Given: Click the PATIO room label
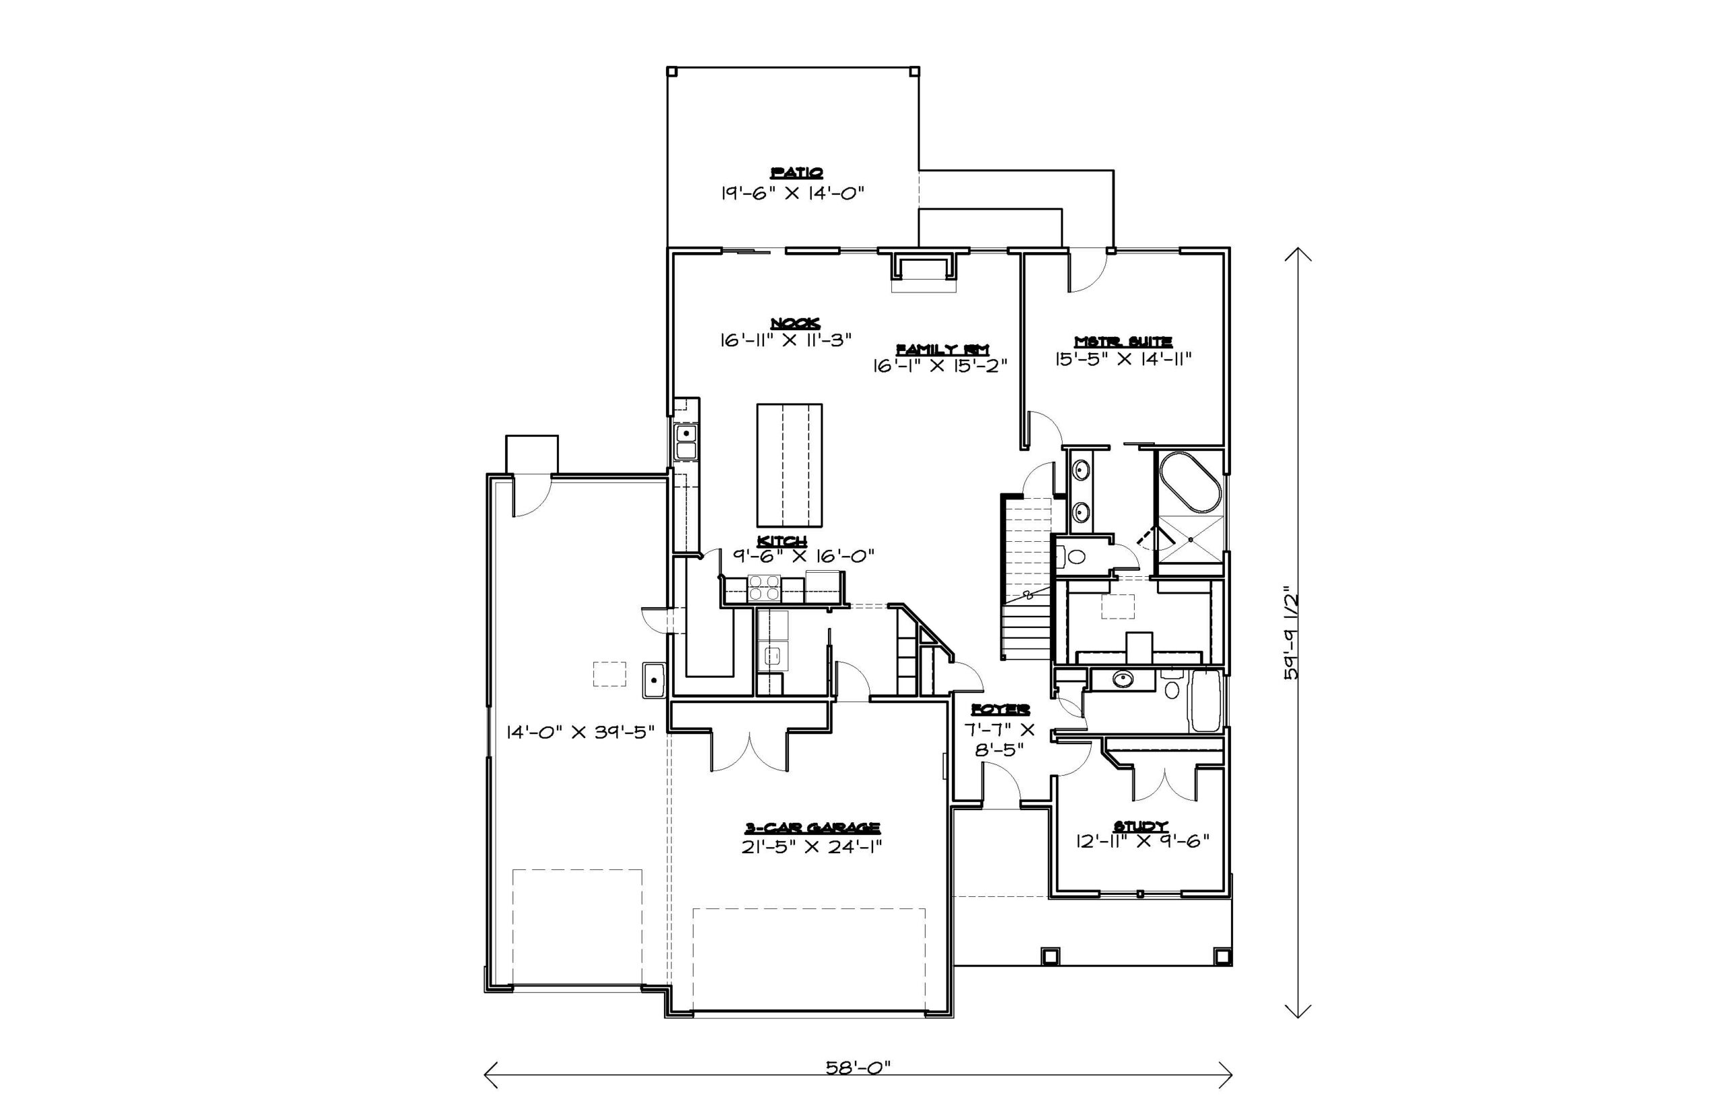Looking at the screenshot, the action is point(796,173).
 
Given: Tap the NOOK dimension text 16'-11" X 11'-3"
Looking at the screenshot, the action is point(785,340).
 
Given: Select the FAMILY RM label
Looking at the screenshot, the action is point(943,349).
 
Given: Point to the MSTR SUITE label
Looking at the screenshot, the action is point(1123,340).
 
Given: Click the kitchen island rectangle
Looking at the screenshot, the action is point(790,465).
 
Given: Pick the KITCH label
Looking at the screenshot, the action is point(782,541).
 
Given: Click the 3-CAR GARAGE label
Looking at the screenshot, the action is point(812,828).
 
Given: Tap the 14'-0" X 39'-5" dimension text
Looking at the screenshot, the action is point(581,732).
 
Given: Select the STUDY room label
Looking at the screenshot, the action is point(1140,826).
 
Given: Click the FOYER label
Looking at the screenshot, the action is point(1001,710).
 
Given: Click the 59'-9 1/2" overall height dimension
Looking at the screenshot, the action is point(1290,633).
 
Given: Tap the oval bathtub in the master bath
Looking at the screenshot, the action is point(1190,483).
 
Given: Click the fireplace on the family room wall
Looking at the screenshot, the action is point(924,270).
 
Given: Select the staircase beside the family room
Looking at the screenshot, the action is point(1026,578).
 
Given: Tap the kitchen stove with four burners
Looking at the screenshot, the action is point(764,588).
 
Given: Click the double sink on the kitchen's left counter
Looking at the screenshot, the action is point(686,442).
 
